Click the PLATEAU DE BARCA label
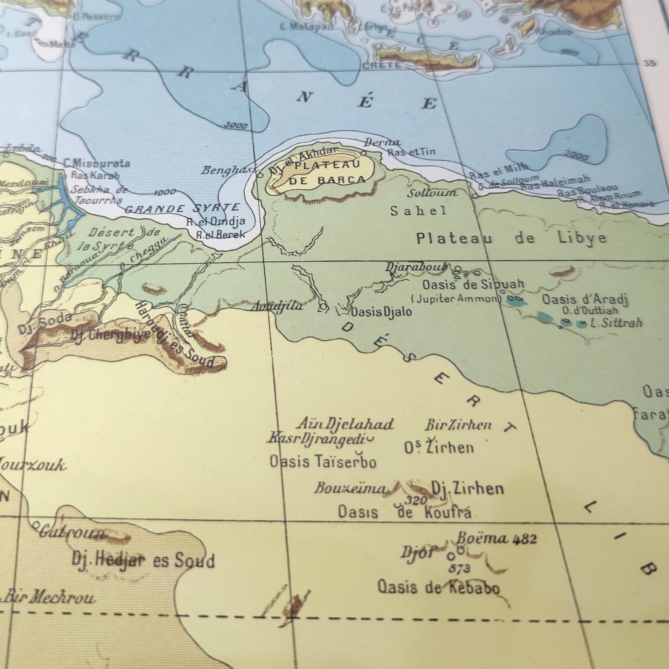(x=327, y=172)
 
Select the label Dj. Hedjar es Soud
(x=143, y=560)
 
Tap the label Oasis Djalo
(x=381, y=312)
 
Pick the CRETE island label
(x=381, y=65)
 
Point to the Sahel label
(x=418, y=211)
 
